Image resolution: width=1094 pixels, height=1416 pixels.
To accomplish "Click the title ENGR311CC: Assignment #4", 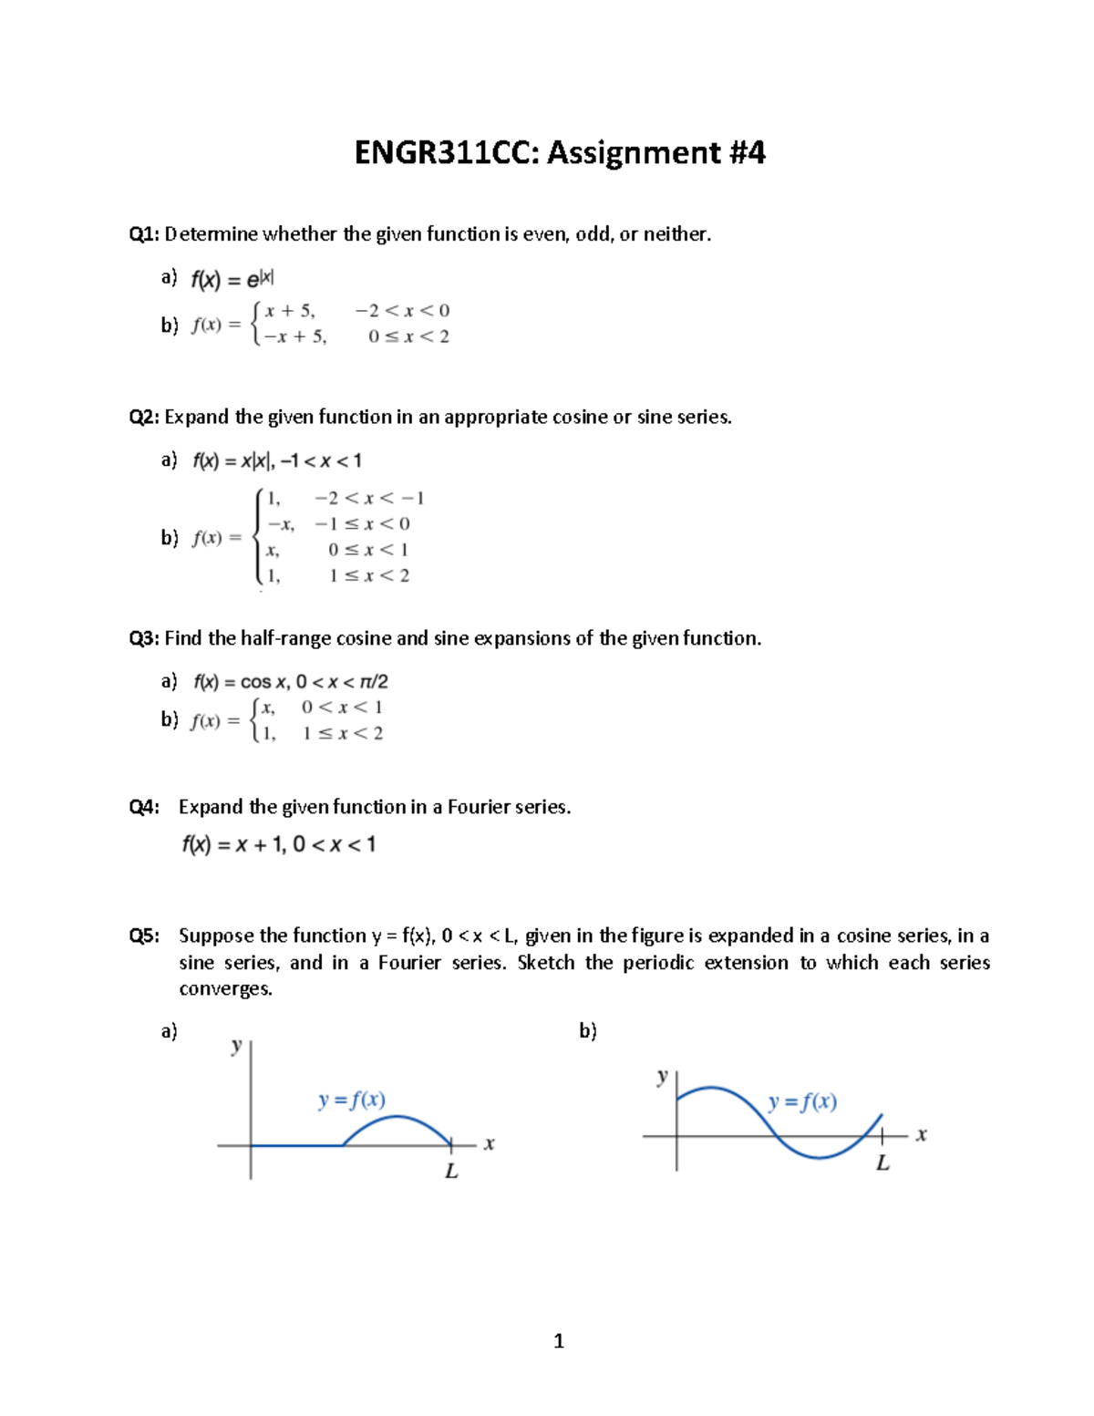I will (x=559, y=152).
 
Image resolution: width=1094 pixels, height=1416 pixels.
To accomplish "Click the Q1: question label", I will (x=144, y=234).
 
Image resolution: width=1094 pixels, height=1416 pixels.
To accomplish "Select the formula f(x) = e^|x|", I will (x=232, y=279).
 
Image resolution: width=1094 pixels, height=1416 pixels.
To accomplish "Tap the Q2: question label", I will (x=144, y=418).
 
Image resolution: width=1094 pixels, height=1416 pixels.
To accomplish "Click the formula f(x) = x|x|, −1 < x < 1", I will (x=276, y=461).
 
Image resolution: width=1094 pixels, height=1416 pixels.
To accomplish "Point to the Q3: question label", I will (x=144, y=638).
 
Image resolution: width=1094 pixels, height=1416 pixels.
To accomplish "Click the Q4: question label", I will (x=144, y=807).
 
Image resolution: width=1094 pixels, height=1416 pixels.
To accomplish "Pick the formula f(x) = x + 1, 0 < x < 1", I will (x=278, y=845).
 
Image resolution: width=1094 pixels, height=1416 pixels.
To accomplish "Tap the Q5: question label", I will (x=144, y=935).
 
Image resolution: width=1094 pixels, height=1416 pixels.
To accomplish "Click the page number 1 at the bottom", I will (x=559, y=1341).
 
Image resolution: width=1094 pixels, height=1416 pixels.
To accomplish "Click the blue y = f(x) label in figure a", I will (x=352, y=1100).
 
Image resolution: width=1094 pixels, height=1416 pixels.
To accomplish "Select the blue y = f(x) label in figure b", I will (x=802, y=1102).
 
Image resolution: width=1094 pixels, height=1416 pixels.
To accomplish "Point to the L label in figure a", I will (x=451, y=1172).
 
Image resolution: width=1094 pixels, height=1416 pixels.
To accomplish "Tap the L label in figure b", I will (x=882, y=1163).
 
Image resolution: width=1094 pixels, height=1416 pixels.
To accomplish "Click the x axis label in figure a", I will (x=490, y=1143).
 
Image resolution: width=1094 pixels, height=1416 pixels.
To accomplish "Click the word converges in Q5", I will (x=225, y=989).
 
